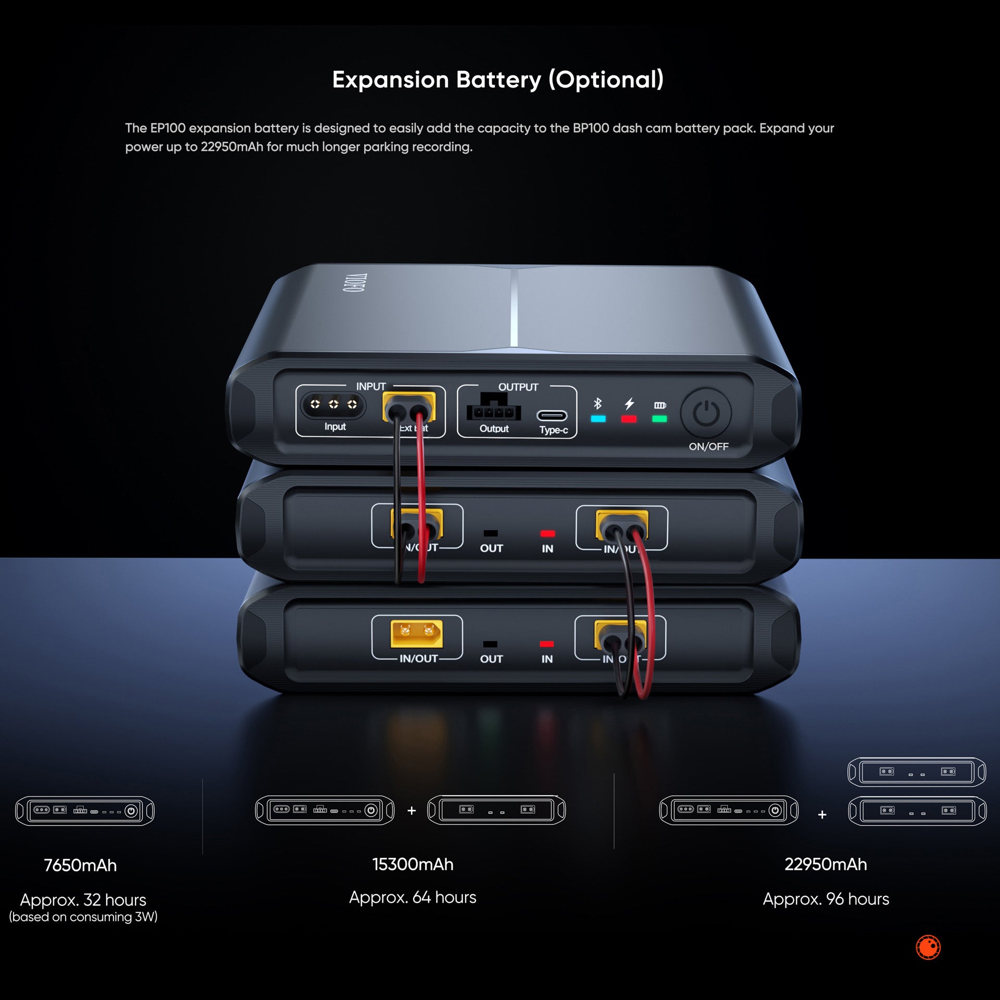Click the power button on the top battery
[706, 414]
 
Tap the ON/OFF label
[708, 446]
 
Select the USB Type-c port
[552, 416]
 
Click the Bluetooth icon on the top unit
[597, 404]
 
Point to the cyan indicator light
[598, 419]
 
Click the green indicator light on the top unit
[659, 419]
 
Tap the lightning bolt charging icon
[629, 404]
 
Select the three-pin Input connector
[333, 404]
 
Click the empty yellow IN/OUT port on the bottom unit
[417, 632]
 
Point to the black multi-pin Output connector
[493, 409]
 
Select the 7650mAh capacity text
[80, 866]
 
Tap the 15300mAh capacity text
[413, 865]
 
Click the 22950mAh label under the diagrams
[826, 865]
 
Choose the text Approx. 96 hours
[826, 899]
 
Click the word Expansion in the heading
[390, 80]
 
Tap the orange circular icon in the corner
[928, 947]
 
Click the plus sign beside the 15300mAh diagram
[411, 810]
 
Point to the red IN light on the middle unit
[547, 533]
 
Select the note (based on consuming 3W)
[83, 917]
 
